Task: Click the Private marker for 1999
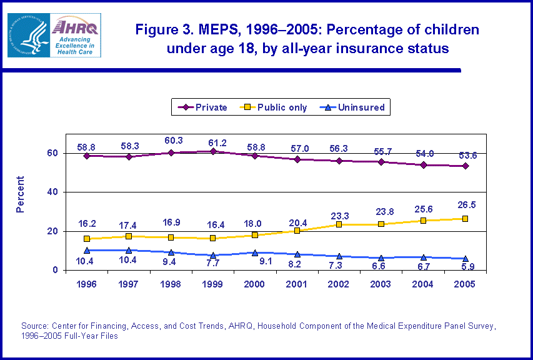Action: pos(213,151)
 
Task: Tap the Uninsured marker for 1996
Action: pos(87,250)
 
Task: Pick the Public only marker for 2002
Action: pos(339,224)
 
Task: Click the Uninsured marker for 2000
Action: pos(255,252)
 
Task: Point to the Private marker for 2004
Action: pos(424,165)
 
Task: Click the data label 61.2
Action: pos(212,139)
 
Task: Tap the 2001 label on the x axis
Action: pos(297,283)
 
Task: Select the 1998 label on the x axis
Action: pos(171,283)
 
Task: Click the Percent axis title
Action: pos(21,194)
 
